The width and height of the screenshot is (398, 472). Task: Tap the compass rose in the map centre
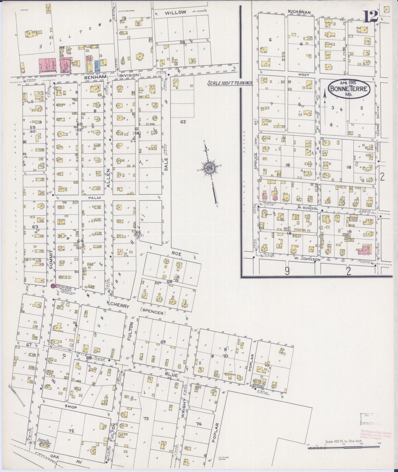point(209,168)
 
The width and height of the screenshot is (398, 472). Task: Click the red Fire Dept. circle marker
point(53,286)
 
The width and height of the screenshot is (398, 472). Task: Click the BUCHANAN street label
point(299,12)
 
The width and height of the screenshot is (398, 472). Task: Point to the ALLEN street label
point(109,178)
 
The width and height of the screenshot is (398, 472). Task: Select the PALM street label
point(93,198)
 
